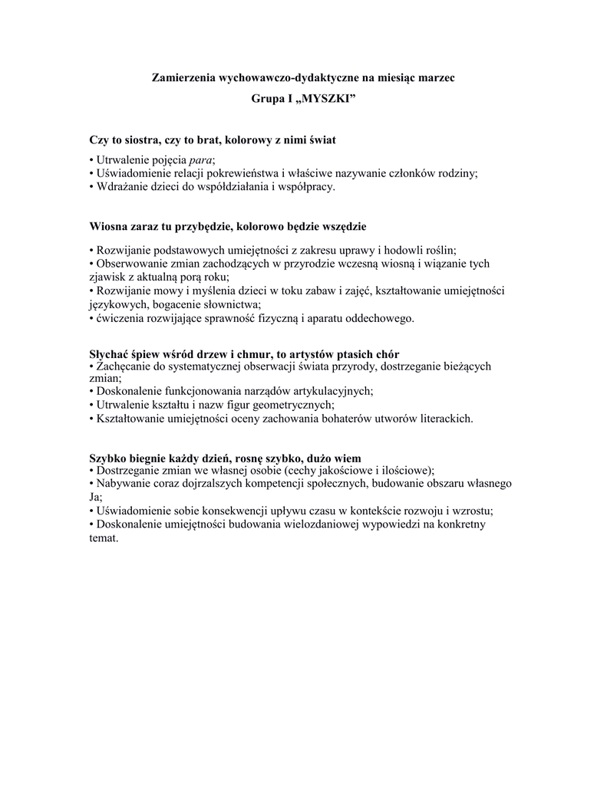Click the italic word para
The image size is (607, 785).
click(x=200, y=159)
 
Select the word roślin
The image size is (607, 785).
click(x=440, y=250)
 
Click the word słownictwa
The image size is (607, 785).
click(x=229, y=304)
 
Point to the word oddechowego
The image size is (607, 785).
click(x=380, y=317)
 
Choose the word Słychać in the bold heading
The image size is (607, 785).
click(x=109, y=353)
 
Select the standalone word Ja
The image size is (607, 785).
click(x=95, y=497)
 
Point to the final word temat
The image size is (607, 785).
click(x=104, y=537)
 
